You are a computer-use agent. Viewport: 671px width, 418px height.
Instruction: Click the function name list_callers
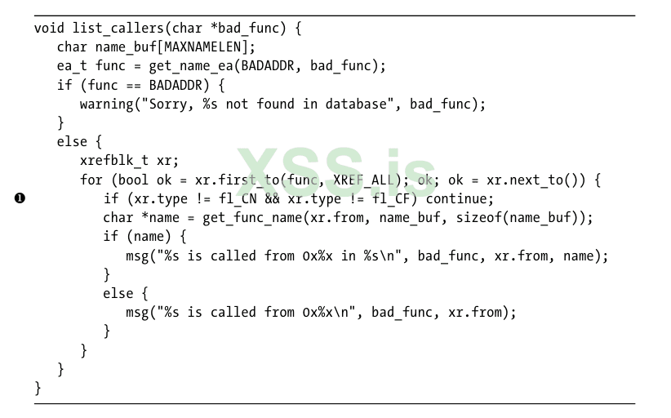point(118,29)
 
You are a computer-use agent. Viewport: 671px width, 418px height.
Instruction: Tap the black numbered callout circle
point(20,198)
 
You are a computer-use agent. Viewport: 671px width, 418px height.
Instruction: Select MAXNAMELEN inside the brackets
point(202,47)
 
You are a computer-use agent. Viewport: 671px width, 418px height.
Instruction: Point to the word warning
point(107,104)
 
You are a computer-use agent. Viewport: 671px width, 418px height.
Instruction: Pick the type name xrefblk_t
point(114,161)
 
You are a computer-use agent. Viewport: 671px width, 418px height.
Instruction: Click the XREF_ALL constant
point(364,180)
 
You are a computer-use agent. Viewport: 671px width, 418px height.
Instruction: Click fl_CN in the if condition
point(238,199)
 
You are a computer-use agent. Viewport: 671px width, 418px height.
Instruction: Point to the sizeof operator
point(479,218)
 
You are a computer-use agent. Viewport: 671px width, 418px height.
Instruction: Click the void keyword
point(49,29)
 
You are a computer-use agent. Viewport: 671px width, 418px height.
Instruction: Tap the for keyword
point(91,180)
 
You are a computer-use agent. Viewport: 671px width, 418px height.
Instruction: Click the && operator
point(272,199)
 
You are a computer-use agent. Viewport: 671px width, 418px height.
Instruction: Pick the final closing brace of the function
point(38,388)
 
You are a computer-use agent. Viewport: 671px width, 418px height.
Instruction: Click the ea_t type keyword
point(72,66)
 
